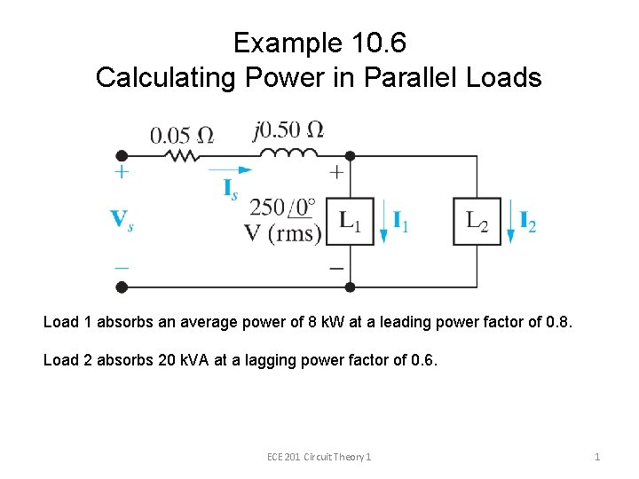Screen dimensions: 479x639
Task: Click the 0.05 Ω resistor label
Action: [181, 136]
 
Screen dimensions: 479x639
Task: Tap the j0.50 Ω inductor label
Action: [288, 130]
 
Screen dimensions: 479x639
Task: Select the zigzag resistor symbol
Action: [182, 155]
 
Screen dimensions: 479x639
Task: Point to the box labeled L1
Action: [350, 221]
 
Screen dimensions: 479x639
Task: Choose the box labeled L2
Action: [477, 221]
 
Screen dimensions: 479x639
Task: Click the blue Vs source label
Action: [122, 219]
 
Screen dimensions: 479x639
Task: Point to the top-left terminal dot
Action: [122, 156]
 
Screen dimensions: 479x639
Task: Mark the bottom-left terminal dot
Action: [122, 287]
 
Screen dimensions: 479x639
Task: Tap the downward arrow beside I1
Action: [383, 223]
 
